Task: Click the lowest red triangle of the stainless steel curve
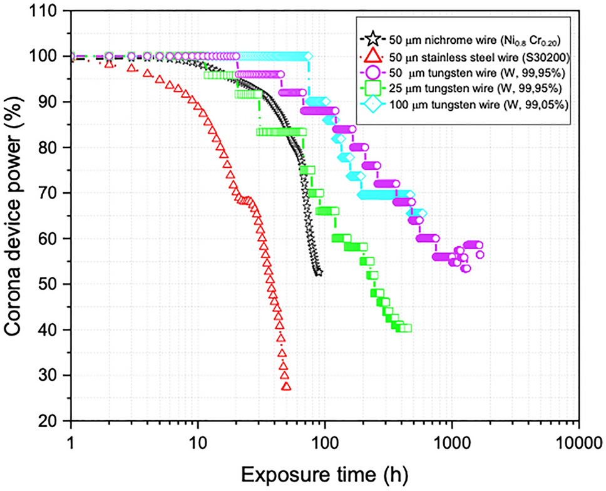286,386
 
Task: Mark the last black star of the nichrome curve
318,272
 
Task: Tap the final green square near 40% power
406,328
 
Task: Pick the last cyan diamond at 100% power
309,56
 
